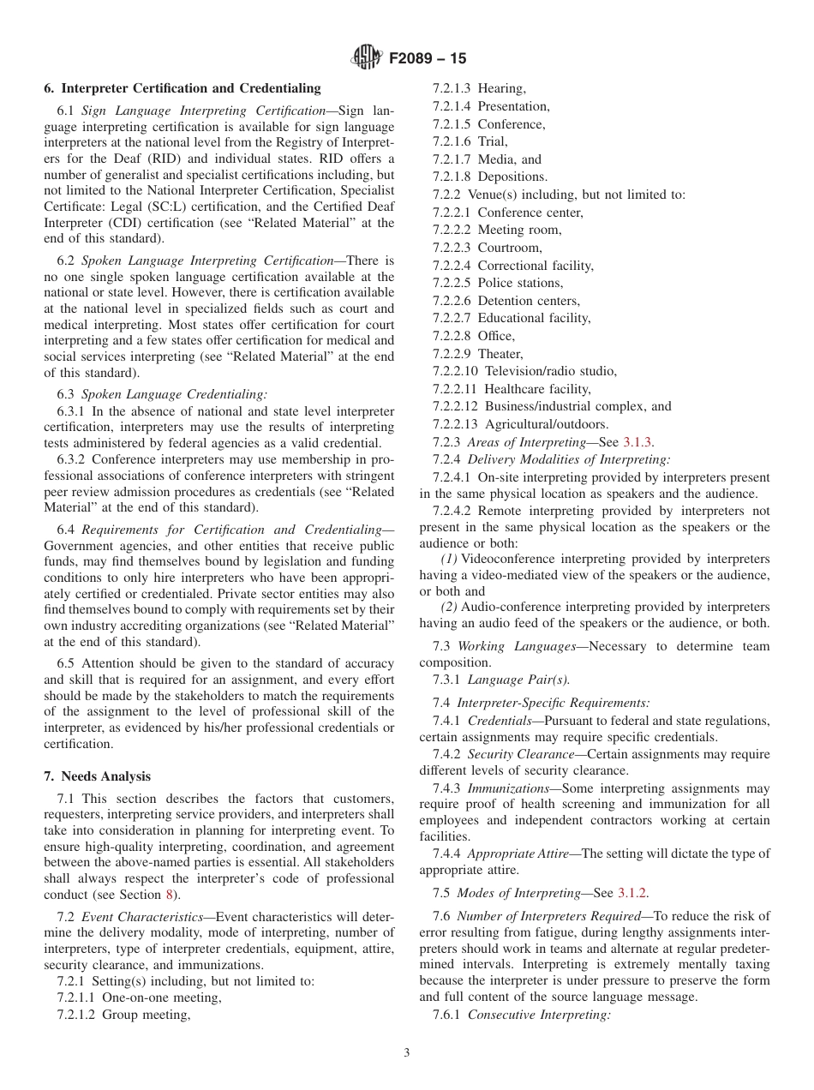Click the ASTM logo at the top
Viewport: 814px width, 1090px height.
point(367,58)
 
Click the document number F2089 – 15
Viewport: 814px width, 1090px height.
point(428,59)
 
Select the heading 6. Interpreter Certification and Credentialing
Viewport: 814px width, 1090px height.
point(182,88)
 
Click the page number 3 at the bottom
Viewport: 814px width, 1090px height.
point(406,1053)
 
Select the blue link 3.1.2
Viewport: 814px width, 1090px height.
point(643,892)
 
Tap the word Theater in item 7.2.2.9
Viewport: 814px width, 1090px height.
point(500,354)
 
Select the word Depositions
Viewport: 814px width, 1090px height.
point(512,177)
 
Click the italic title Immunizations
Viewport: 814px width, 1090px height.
point(508,788)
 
